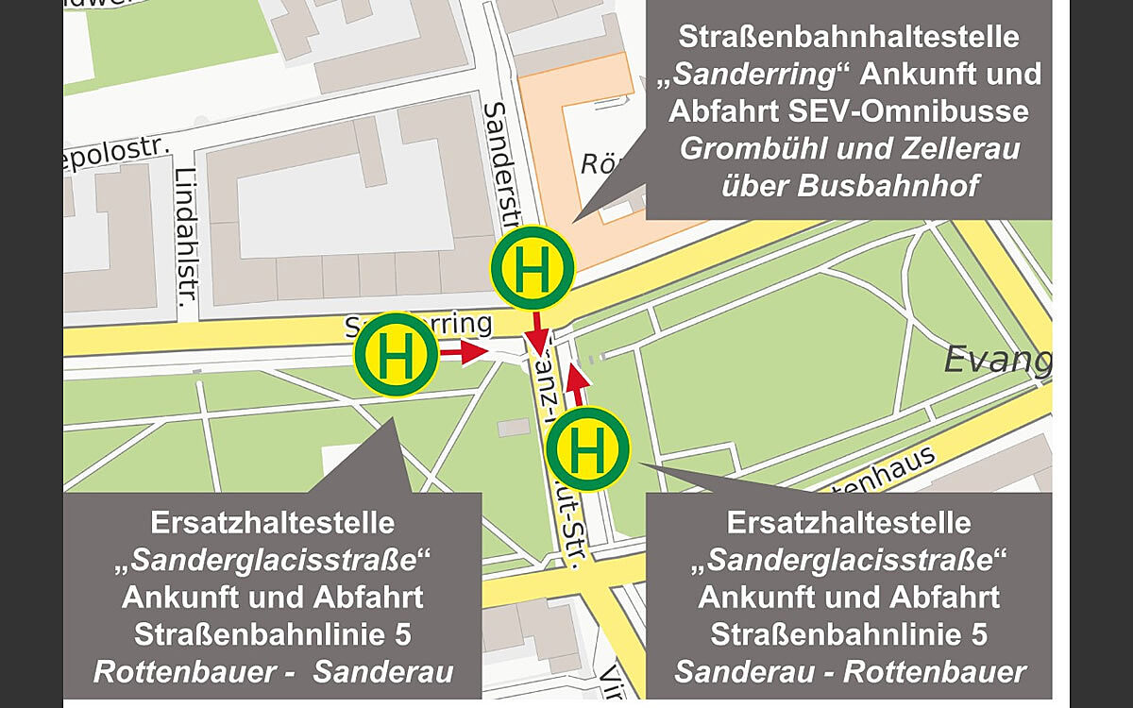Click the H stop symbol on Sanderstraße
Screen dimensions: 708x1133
[x=532, y=268]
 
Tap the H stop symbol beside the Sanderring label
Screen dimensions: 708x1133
[x=396, y=355]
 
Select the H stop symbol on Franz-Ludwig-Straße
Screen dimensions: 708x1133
[x=587, y=448]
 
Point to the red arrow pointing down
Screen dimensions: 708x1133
[x=538, y=332]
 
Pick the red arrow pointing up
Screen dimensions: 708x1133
[x=578, y=382]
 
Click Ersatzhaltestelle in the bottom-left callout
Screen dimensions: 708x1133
[x=273, y=522]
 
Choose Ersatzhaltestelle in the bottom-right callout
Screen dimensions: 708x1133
[x=849, y=522]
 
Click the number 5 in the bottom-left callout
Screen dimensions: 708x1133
[x=403, y=634]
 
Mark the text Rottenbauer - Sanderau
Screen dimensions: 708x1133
[x=273, y=672]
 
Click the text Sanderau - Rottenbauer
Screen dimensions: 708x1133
[x=849, y=672]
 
